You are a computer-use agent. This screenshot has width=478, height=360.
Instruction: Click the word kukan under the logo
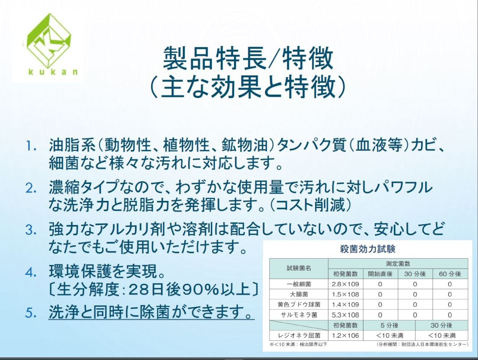pos(53,72)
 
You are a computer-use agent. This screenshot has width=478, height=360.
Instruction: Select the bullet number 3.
pos(31,230)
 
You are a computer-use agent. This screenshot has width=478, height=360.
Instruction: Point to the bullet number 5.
pos(31,313)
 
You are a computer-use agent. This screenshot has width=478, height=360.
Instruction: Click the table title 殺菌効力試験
pos(368,249)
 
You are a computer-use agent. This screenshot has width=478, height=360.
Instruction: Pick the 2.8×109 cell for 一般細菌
pos(345,284)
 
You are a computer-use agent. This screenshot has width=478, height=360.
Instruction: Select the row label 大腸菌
pos(299,295)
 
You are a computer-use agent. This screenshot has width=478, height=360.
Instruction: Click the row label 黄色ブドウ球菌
pos(299,305)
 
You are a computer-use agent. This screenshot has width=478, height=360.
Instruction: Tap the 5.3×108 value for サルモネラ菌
pos(345,315)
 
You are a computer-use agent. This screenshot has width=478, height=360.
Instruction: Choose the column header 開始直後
pos(380,274)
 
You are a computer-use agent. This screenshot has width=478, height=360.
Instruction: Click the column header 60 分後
pos(450,274)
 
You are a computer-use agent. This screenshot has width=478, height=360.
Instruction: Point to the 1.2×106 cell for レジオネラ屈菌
pos(345,336)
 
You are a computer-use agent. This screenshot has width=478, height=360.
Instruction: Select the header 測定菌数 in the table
pos(398,264)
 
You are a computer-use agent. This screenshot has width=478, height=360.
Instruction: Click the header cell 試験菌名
pos(299,268)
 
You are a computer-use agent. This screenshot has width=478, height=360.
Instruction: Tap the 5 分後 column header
pos(389,325)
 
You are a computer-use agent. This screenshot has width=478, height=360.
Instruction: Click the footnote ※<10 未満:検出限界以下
pos(298,344)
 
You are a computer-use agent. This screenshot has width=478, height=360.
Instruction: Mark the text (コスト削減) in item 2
pos(311,205)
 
